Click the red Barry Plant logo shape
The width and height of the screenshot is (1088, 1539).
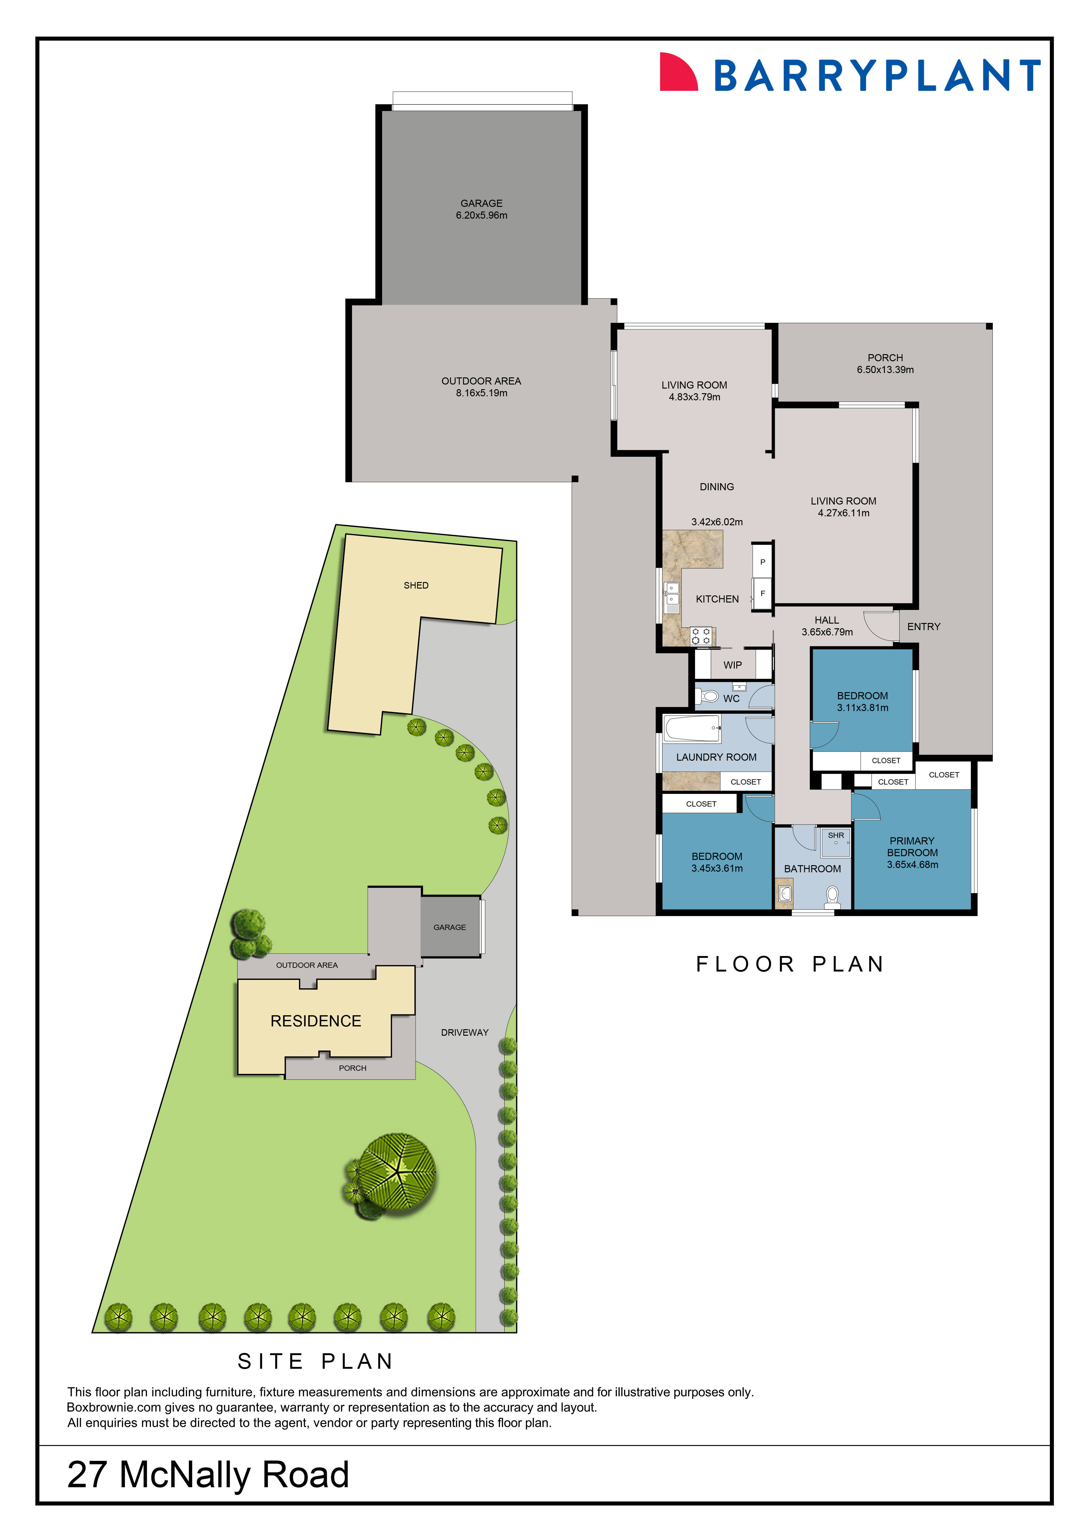[677, 72]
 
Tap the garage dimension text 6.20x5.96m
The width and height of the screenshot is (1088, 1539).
[481, 215]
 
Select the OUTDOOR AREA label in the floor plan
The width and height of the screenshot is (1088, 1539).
[481, 381]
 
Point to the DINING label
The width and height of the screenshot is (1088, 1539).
[717, 487]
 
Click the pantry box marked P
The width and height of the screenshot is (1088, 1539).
[762, 562]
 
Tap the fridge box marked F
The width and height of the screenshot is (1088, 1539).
[762, 593]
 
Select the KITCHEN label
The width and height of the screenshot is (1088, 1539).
[717, 598]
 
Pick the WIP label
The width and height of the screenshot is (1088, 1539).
[732, 665]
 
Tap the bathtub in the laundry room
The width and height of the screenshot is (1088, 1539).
[692, 728]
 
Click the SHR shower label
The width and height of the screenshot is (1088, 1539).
[835, 835]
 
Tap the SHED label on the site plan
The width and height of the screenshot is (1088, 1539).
[416, 585]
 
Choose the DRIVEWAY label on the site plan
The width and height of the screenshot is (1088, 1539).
[465, 1032]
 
